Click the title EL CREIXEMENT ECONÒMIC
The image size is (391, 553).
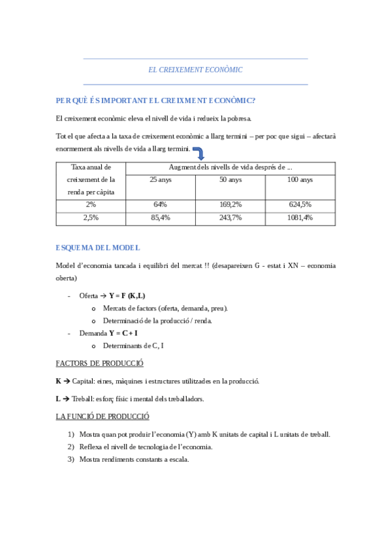pos(195,69)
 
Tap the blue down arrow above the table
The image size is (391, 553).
pos(199,153)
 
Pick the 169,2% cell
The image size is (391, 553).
pos(230,204)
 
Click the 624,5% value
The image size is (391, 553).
pos(300,204)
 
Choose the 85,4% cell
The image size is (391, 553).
pos(160,217)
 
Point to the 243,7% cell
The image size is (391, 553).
pos(230,217)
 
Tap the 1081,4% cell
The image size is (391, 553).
pos(300,217)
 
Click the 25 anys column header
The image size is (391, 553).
pos(160,179)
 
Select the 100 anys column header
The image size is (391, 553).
pos(300,179)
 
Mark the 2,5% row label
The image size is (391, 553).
pos(90,217)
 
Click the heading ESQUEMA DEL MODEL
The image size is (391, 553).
pos(98,248)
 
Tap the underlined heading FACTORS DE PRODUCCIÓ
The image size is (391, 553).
pos(100,363)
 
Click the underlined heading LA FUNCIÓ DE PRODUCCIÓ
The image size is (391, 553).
pos(103,415)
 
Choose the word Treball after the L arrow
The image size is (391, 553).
pos(83,398)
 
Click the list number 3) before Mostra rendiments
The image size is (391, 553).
pos(71,459)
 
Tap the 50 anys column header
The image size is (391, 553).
pos(230,179)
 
